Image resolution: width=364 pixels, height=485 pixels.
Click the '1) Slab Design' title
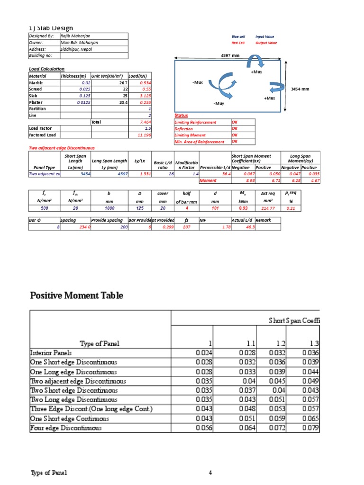pos(51,28)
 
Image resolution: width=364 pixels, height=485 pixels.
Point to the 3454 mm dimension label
pos(300,89)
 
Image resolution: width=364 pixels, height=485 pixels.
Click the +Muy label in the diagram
pos(256,72)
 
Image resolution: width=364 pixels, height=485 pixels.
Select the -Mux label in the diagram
pos(198,82)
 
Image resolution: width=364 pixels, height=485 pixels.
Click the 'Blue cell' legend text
pos(238,36)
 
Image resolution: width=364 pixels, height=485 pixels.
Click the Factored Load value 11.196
pos(144,135)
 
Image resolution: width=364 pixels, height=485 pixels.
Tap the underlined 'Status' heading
pos(181,116)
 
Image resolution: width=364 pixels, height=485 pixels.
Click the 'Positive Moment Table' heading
pos(77,296)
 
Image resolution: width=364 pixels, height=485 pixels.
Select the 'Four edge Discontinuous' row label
pos(66,428)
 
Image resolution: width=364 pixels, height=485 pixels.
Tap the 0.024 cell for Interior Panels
pos(204,353)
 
